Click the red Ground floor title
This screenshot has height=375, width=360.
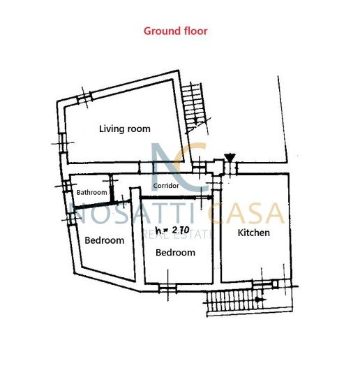(176, 31)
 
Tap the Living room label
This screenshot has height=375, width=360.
(125, 129)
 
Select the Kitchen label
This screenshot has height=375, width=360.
(254, 233)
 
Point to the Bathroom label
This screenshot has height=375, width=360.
(91, 192)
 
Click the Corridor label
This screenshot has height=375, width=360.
(166, 186)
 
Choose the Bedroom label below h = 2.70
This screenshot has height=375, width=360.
(175, 253)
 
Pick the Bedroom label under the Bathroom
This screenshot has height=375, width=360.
(105, 240)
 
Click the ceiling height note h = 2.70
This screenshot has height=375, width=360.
(172, 230)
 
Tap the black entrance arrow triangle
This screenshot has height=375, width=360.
(230, 157)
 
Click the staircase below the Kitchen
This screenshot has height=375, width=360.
(248, 300)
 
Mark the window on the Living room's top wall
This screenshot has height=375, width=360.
(84, 98)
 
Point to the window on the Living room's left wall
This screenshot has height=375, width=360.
(63, 143)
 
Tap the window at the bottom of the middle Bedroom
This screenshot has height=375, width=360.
(167, 288)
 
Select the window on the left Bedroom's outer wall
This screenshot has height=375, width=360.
(71, 219)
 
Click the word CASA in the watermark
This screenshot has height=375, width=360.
(246, 213)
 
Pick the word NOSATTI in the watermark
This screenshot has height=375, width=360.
(131, 213)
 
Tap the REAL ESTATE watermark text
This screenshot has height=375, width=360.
(177, 235)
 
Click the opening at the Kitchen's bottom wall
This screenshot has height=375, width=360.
(262, 284)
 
